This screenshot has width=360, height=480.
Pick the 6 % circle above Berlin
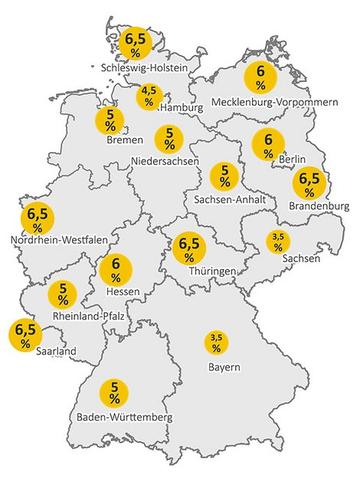pos(267,144)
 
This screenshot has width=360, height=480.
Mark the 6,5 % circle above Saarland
pos(23,334)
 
